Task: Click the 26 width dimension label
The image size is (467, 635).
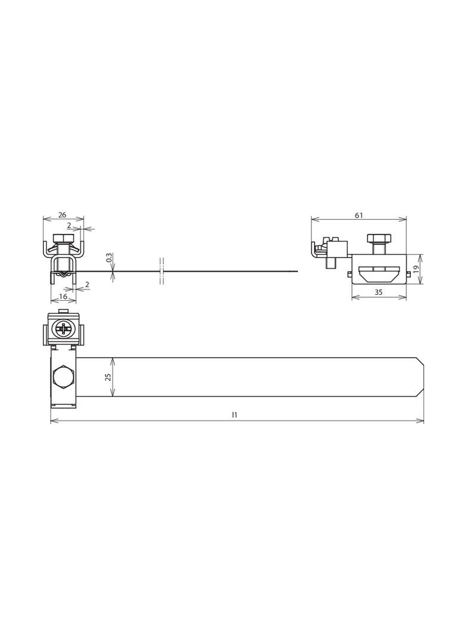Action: pos(63,215)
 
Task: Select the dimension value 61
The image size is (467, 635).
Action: pos(359,215)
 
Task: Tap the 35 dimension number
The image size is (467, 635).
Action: pos(378,292)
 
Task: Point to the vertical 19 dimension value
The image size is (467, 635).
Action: pos(416,269)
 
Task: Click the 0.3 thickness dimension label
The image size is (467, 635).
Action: pos(109,257)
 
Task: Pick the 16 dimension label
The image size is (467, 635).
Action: pos(63,296)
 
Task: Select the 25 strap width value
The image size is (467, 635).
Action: pos(108,377)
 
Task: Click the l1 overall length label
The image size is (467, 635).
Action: pos(235,415)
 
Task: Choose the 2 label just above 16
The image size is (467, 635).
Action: pos(87,285)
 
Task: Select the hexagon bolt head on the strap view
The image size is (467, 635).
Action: pos(62,377)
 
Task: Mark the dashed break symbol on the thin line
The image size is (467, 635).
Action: pos(162,272)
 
